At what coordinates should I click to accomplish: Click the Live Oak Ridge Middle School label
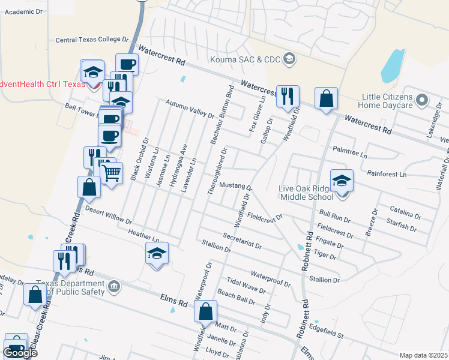tap(306, 193)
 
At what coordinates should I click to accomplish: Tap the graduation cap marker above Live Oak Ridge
tap(342, 181)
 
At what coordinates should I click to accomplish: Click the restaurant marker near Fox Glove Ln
tap(288, 95)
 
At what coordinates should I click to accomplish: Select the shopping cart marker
tap(111, 174)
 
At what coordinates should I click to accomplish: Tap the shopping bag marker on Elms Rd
tap(205, 311)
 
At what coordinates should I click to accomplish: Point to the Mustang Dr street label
tap(235, 185)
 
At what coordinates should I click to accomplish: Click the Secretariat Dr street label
tap(242, 241)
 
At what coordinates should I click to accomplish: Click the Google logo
tap(20, 352)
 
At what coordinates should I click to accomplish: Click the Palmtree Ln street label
tap(350, 151)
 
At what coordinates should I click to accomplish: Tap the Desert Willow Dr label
tap(108, 214)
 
